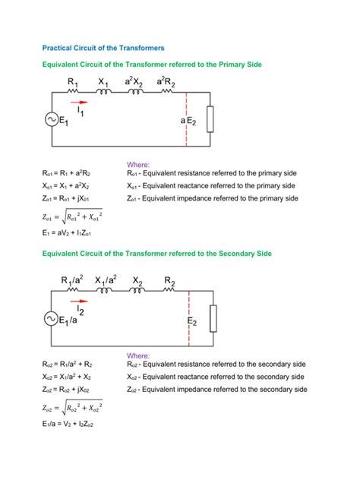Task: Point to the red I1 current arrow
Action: point(78,101)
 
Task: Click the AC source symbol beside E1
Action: point(52,119)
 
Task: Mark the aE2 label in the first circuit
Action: point(189,121)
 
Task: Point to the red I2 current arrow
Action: point(78,302)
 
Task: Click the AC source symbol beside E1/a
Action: point(52,320)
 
